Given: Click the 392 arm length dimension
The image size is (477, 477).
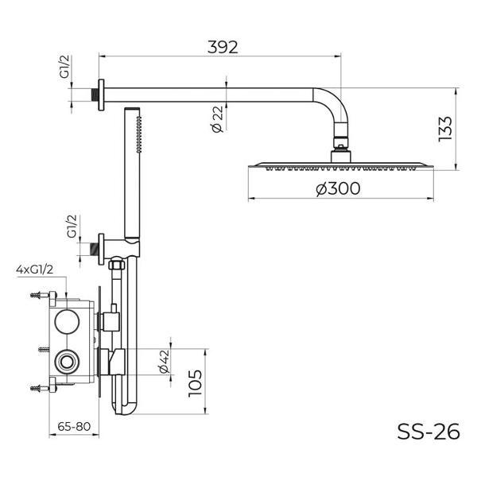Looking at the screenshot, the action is pyautogui.click(x=223, y=47).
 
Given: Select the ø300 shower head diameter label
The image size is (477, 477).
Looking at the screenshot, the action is pyautogui.click(x=338, y=188).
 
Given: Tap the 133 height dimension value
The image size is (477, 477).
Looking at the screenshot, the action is pyautogui.click(x=445, y=128).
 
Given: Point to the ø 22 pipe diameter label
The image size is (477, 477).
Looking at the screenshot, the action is pyautogui.click(x=218, y=119).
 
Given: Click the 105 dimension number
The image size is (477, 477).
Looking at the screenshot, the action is pyautogui.click(x=196, y=383).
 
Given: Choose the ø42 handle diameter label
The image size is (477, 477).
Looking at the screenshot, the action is pyautogui.click(x=164, y=362).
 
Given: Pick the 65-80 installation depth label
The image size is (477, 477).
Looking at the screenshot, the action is pyautogui.click(x=74, y=426).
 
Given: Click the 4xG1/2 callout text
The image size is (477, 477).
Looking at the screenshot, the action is pyautogui.click(x=35, y=270).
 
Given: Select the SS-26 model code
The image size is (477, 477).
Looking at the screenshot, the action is pyautogui.click(x=429, y=432).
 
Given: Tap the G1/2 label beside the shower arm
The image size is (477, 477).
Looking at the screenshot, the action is pyautogui.click(x=64, y=67).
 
